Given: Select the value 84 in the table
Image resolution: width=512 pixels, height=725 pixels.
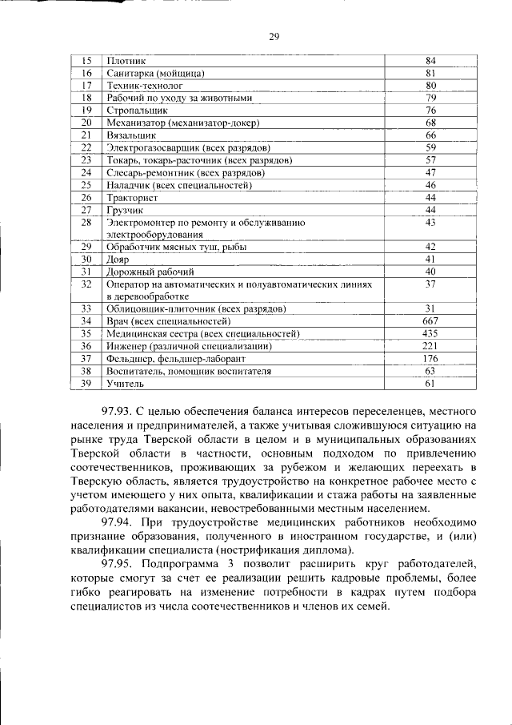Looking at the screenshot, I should coord(430,61).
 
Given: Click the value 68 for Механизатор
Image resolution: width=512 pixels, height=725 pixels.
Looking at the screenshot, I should coord(430,123).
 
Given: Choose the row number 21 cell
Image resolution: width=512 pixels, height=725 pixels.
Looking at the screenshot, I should coord(87,135).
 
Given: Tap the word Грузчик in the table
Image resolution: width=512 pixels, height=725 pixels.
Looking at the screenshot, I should coord(124,209).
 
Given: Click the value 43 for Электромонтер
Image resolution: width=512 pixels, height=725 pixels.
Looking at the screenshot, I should coord(430,222).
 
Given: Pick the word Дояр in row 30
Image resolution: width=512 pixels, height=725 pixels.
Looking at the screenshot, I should coord(118,260).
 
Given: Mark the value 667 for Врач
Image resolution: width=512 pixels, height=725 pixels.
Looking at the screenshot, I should coord(430,321).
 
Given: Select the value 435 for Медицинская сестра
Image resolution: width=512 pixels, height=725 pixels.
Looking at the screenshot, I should coord(430,333).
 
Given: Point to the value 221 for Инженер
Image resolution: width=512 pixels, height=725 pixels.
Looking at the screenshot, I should coord(430,346).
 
